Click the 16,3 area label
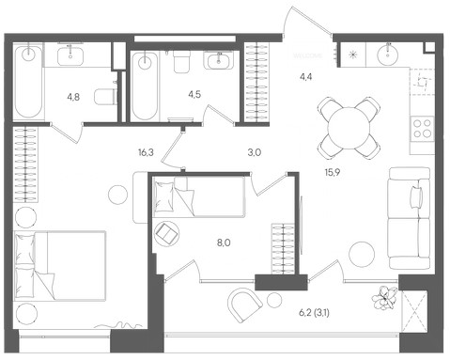tap(146, 152)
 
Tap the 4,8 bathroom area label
tap(73, 97)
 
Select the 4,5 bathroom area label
tap(194, 94)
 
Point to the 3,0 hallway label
tap(255, 152)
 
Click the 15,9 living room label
tap(333, 172)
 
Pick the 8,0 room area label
tap(224, 243)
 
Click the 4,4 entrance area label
tap(305, 77)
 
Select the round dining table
tap(349, 128)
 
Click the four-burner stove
tap(423, 129)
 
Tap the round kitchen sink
tap(388, 55)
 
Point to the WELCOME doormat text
tap(308, 55)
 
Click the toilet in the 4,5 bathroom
tap(182, 60)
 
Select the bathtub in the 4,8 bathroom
tap(28, 82)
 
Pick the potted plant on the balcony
tap(385, 298)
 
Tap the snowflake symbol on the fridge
tap(353, 55)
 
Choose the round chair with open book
tap(167, 233)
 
